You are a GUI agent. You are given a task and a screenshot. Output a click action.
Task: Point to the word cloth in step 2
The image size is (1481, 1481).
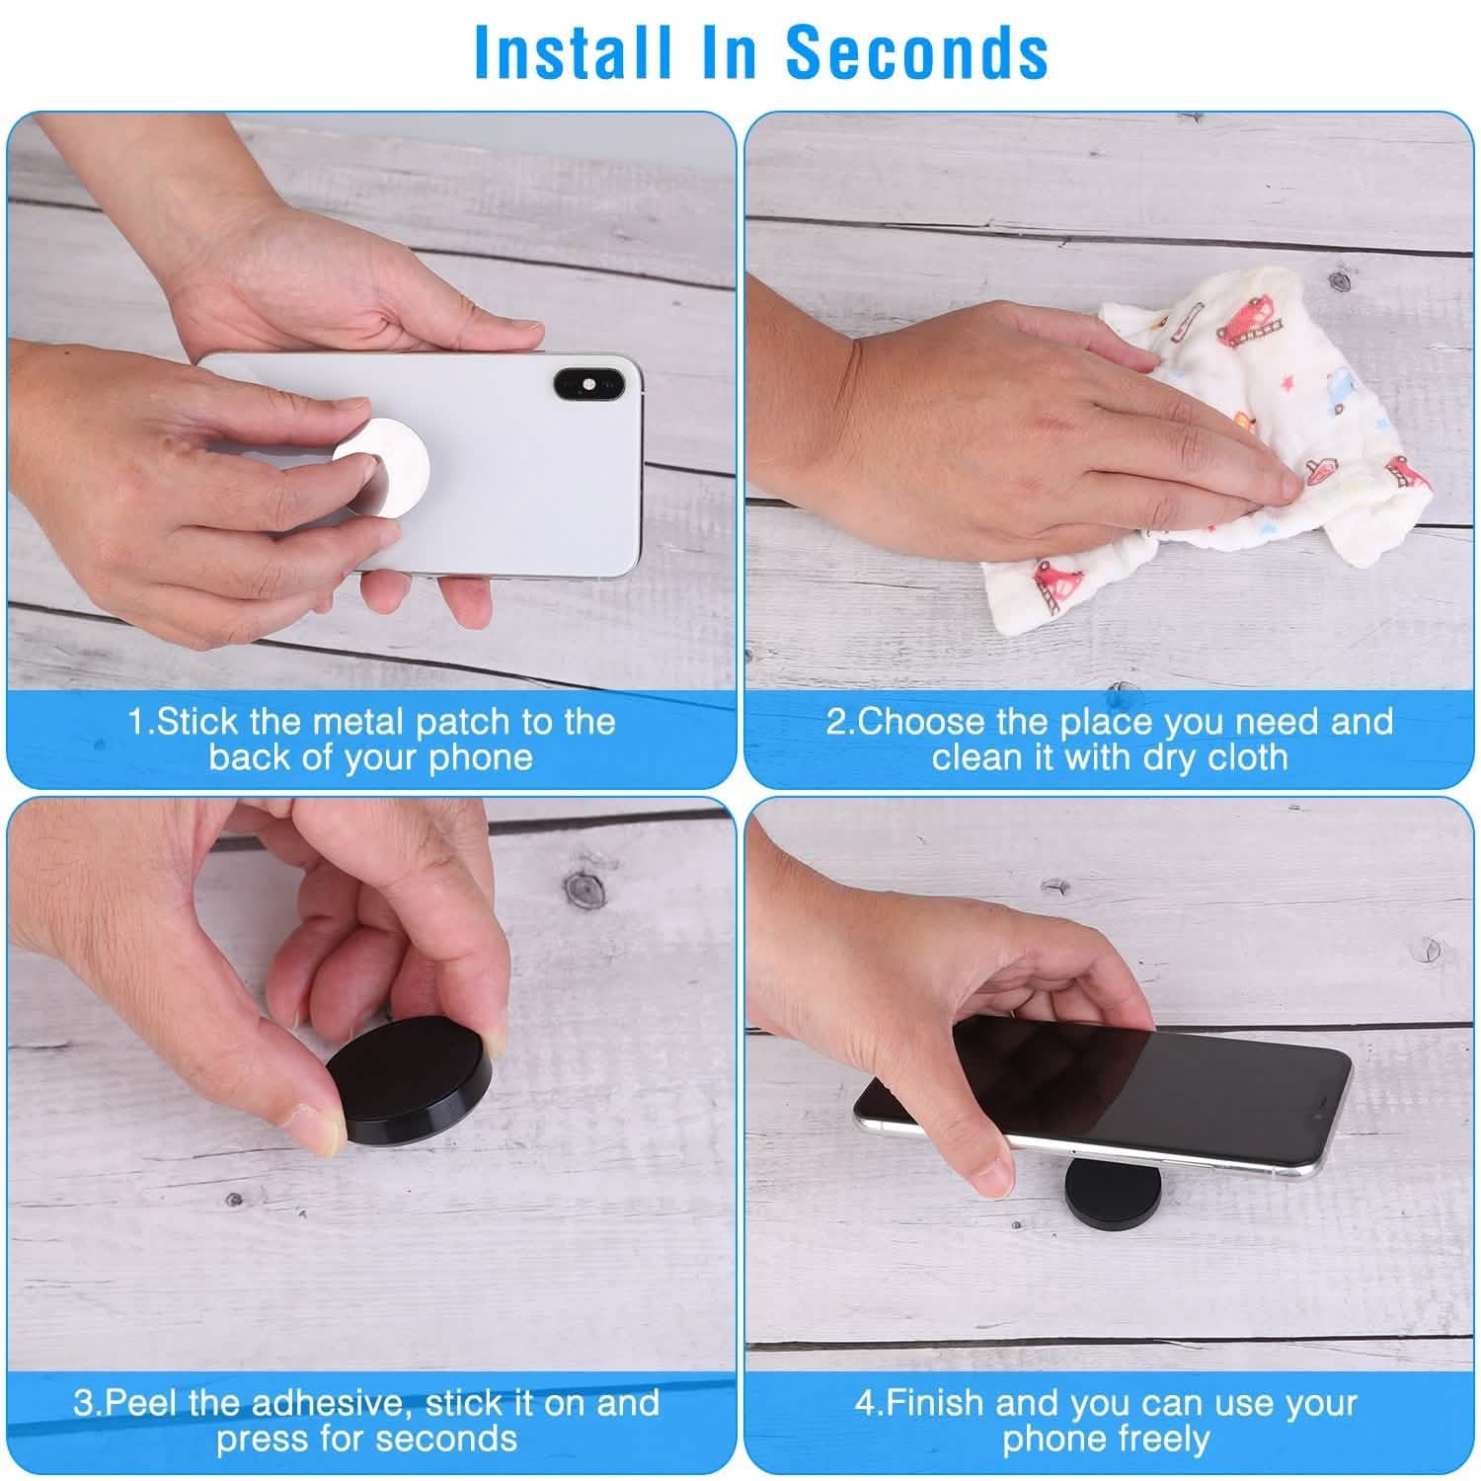[x=1243, y=757]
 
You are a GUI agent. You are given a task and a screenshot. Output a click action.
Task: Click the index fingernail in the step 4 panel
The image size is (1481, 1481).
[x=988, y=1176]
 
